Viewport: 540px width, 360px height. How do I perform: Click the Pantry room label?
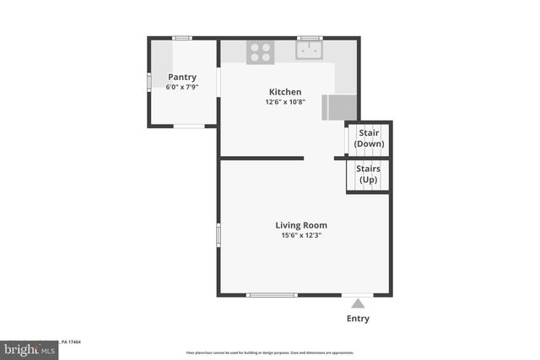pyautogui.click(x=182, y=77)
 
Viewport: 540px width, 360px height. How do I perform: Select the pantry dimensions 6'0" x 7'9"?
pyautogui.click(x=182, y=86)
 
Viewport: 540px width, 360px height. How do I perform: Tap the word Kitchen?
pyautogui.click(x=285, y=92)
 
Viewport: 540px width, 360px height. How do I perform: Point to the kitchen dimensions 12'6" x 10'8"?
pyautogui.click(x=285, y=101)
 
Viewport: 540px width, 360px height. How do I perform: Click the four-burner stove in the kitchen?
pyautogui.click(x=260, y=52)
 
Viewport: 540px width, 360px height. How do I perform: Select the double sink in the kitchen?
pyautogui.click(x=310, y=51)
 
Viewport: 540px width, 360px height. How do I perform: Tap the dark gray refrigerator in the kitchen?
pyautogui.click(x=340, y=107)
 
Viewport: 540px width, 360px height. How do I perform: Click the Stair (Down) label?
pyautogui.click(x=370, y=138)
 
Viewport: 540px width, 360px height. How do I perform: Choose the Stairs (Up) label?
pyautogui.click(x=369, y=174)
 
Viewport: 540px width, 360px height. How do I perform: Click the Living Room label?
pyautogui.click(x=301, y=225)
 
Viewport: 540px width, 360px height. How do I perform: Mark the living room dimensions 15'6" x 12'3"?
pyautogui.click(x=301, y=235)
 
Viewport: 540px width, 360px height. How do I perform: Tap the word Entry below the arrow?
pyautogui.click(x=358, y=319)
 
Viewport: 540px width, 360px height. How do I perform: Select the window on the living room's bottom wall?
pyautogui.click(x=272, y=294)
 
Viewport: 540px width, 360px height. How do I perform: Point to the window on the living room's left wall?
pyautogui.click(x=219, y=234)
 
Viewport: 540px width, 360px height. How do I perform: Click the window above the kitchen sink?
pyautogui.click(x=310, y=38)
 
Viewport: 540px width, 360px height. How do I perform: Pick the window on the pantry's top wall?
pyautogui.click(x=182, y=38)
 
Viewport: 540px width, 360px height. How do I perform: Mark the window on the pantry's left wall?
pyautogui.click(x=149, y=81)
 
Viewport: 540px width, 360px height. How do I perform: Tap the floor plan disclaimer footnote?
pyautogui.click(x=270, y=352)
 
